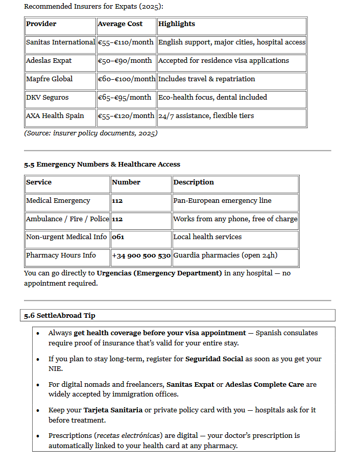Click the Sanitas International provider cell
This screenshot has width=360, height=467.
pos(60,42)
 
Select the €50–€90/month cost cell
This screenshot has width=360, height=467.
pos(125,61)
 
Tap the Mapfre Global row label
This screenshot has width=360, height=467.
pos(50,79)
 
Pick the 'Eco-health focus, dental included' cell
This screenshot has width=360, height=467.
pos(212,98)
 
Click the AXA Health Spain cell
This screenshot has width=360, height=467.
pos(55,116)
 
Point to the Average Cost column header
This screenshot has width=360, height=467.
pos(120,24)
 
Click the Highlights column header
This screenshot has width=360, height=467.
pos(177,24)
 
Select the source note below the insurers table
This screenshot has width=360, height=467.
pos(91,133)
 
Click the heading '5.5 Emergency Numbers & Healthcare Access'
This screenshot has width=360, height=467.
pos(102,165)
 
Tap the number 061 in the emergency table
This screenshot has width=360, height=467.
pos(118,237)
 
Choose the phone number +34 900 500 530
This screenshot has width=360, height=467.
pos(141,255)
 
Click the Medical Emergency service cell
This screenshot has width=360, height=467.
pos(58,201)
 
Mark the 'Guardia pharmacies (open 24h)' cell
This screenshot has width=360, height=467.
pos(225,255)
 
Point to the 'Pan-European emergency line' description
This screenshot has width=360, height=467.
pos(222,201)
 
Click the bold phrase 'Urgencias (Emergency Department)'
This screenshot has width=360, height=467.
pos(159,273)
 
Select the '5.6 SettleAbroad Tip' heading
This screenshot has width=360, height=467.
pos(60,316)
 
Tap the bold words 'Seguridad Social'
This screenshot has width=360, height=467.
pos(214,359)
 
